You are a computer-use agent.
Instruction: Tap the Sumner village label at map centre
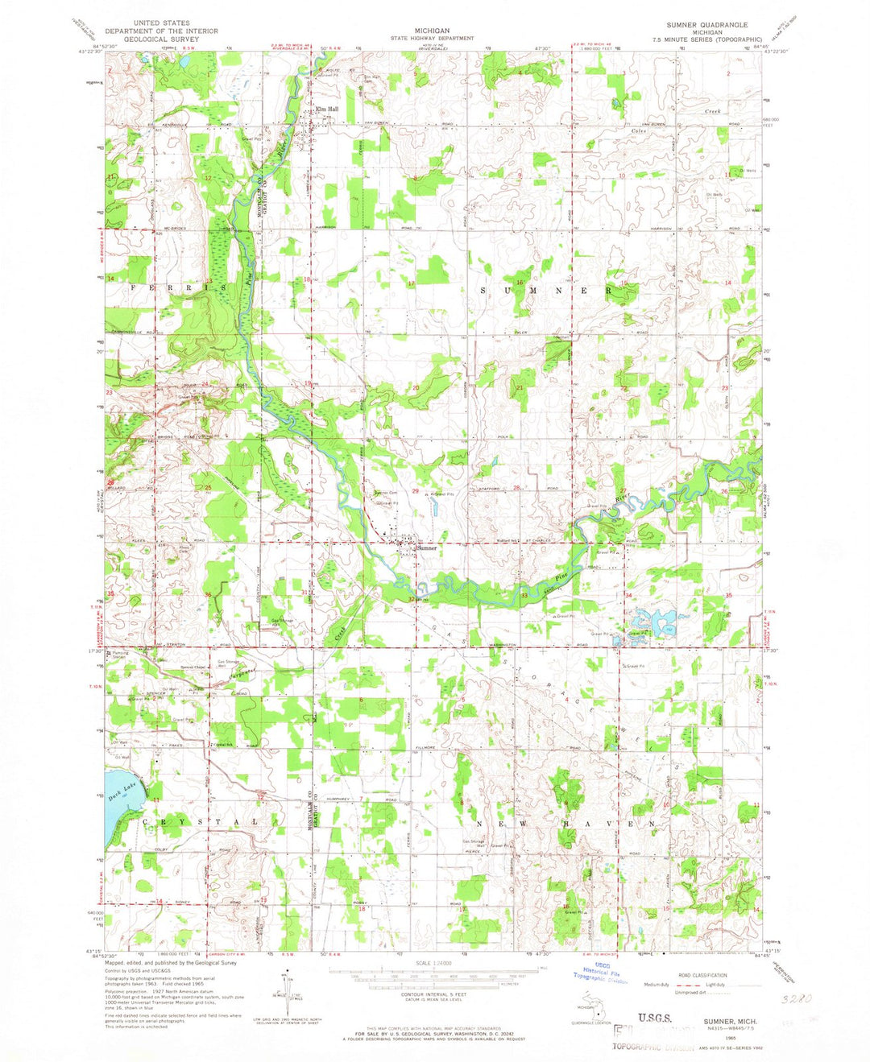pos(427,548)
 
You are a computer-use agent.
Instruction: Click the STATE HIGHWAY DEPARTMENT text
pos(432,38)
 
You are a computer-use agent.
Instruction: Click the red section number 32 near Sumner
pos(412,598)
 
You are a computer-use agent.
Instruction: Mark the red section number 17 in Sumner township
pos(411,283)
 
